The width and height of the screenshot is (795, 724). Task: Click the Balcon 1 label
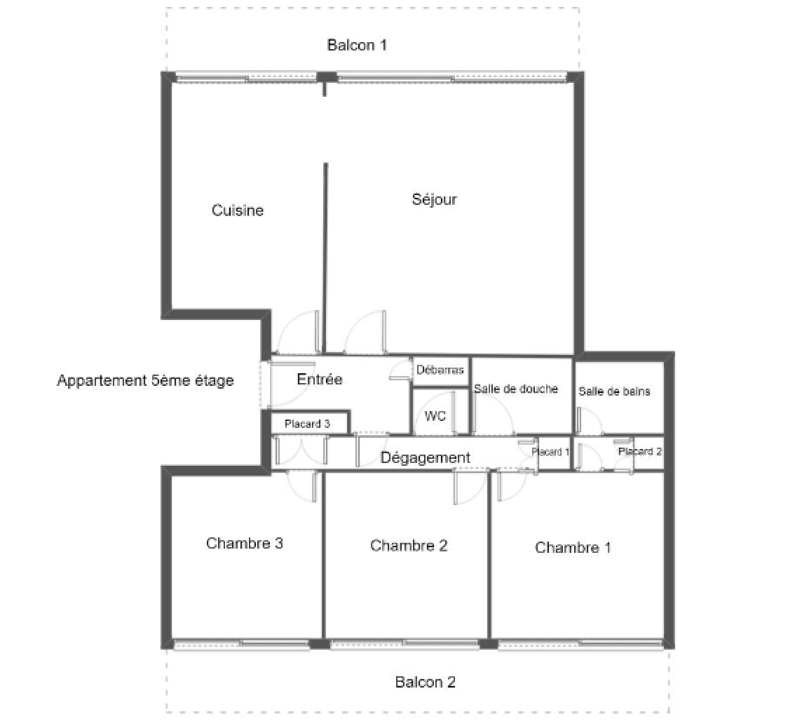(x=357, y=45)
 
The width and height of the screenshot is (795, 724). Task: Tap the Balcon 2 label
(x=426, y=682)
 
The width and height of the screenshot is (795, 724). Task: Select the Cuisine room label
(x=238, y=210)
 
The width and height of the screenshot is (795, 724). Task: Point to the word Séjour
(x=435, y=199)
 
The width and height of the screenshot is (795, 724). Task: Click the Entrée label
(x=320, y=379)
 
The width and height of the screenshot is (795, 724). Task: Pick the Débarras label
(x=440, y=369)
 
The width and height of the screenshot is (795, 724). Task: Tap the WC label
(x=435, y=416)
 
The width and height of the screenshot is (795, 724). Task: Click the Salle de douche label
(x=516, y=389)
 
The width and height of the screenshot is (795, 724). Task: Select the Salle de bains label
(x=614, y=391)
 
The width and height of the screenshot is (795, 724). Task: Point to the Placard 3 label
(x=307, y=424)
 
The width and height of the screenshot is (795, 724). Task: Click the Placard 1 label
(x=550, y=452)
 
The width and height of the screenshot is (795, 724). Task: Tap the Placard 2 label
(x=640, y=451)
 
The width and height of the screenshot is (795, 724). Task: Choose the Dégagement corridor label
(x=426, y=457)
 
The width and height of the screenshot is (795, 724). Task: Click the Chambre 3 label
(x=245, y=543)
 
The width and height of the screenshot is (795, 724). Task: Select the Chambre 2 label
(x=409, y=545)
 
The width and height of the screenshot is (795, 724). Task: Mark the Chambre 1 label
(x=573, y=547)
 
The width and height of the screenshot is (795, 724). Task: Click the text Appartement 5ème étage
(x=146, y=380)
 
